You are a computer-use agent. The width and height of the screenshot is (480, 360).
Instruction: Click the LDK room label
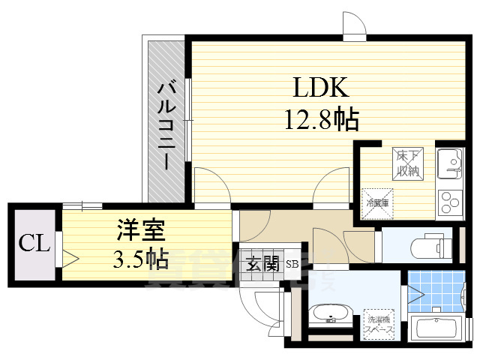(x=319, y=88)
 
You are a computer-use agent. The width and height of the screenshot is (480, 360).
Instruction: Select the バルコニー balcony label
(x=166, y=124)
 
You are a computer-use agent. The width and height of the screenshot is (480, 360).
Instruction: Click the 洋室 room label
(x=139, y=229)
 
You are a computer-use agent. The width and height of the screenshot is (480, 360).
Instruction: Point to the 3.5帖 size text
(x=139, y=259)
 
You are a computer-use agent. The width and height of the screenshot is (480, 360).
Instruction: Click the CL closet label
(x=34, y=243)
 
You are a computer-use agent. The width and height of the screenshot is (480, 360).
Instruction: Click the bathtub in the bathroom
(x=438, y=330)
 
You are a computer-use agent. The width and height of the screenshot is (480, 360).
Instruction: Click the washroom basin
(x=328, y=315)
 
